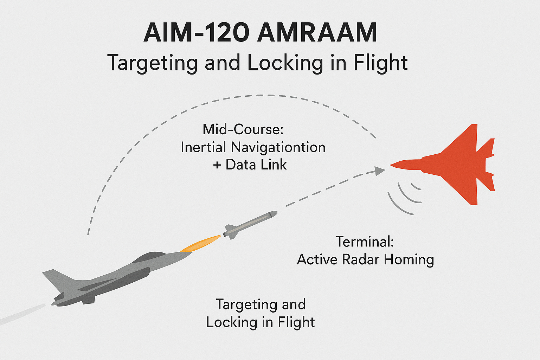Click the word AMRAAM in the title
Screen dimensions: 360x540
tap(317, 33)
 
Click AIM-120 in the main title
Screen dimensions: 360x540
tap(197, 33)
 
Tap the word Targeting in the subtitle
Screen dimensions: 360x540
tap(152, 63)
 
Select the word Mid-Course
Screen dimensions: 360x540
tap(243, 130)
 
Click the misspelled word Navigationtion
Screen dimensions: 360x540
tap(278, 147)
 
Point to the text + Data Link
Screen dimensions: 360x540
tap(250, 165)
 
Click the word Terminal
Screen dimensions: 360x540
tap(365, 242)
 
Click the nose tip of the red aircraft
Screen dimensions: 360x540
tap(391, 165)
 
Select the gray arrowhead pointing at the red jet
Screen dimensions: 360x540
tap(380, 171)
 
